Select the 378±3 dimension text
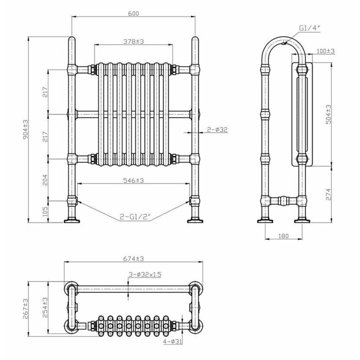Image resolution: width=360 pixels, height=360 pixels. coord(134,41)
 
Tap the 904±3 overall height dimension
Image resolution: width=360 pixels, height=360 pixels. coord(25,129)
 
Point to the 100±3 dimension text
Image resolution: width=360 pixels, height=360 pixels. coord(326,51)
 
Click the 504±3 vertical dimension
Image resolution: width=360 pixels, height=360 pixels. coord(328,115)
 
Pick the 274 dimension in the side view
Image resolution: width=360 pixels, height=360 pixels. coord(328,195)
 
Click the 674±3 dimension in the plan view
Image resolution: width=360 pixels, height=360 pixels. coord(134,259)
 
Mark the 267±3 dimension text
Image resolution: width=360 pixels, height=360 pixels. coord(25,309)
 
